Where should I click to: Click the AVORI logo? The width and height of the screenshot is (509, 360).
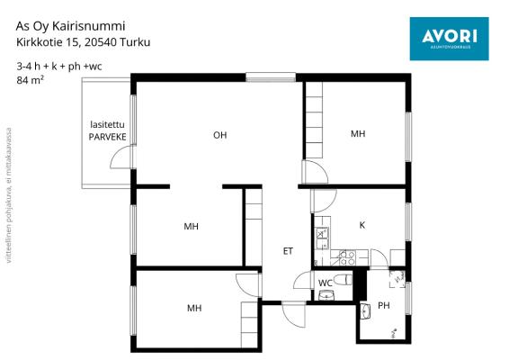click(x=450, y=39)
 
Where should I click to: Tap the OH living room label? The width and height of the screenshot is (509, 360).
click(x=219, y=135)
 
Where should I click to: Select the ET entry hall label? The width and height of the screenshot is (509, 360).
click(x=288, y=251)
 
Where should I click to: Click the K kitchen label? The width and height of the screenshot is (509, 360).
click(x=362, y=225)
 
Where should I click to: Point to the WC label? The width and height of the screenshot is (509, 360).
click(x=326, y=283)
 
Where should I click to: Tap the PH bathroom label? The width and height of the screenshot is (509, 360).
click(x=384, y=305)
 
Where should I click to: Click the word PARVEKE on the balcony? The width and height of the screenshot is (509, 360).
click(x=107, y=137)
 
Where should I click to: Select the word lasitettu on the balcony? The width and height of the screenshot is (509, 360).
click(x=107, y=124)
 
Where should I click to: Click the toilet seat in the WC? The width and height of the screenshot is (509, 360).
click(x=343, y=279)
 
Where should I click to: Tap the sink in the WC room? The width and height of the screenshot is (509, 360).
click(x=326, y=295)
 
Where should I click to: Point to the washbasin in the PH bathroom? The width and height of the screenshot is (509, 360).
click(x=365, y=311)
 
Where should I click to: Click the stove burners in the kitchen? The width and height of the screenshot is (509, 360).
click(x=347, y=257)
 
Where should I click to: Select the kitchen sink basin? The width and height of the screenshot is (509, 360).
click(x=322, y=238)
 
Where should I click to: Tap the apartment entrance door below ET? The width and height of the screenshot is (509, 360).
click(x=294, y=314)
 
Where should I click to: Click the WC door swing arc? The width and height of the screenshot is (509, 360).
click(x=299, y=278)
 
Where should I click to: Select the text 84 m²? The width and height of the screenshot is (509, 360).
click(x=31, y=80)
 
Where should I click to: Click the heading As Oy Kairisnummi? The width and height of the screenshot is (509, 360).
click(x=70, y=26)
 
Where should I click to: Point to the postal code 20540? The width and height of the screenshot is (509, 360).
click(x=99, y=42)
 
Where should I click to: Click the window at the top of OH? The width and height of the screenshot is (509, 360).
click(x=271, y=77)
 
